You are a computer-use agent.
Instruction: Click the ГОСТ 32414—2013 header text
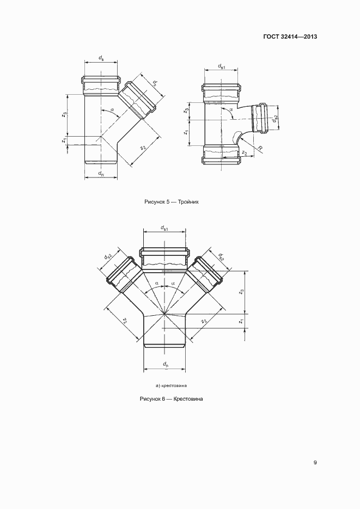click(x=290, y=36)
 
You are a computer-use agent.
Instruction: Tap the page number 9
click(x=315, y=462)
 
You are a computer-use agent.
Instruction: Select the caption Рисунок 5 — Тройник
click(x=172, y=201)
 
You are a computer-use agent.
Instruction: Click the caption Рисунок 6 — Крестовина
click(x=171, y=398)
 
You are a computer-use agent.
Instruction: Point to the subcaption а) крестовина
click(x=172, y=385)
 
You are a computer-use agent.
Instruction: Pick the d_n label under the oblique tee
click(x=101, y=174)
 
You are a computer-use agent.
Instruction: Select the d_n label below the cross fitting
click(x=165, y=364)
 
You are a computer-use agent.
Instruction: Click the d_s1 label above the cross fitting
click(x=164, y=228)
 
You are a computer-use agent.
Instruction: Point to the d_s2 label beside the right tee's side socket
click(x=275, y=119)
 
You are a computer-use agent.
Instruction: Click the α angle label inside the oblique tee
click(x=112, y=110)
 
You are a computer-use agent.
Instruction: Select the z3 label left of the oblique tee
click(x=65, y=114)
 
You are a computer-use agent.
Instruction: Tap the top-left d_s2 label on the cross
click(x=108, y=256)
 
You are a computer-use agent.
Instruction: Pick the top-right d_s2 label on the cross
click(x=221, y=257)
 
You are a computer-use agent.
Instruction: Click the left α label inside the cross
click(x=157, y=283)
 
